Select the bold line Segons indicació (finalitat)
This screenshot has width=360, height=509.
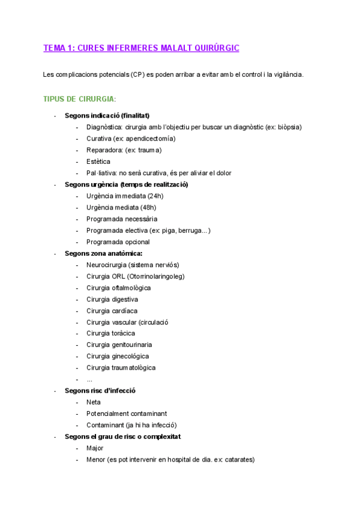tap(107, 115)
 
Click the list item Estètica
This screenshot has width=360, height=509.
tap(98, 161)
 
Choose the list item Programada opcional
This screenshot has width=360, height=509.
tap(118, 242)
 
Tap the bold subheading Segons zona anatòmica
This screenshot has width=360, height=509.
tap(103, 253)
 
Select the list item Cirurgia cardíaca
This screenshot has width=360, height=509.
tap(112, 311)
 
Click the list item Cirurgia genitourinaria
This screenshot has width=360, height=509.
tap(119, 345)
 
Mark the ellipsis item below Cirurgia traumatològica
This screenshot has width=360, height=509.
tap(89, 380)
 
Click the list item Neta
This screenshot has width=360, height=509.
tap(94, 402)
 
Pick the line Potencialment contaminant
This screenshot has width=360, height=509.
tap(127, 414)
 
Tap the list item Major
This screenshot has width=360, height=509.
tap(95, 448)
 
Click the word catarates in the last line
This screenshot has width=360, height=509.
tap(238, 460)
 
